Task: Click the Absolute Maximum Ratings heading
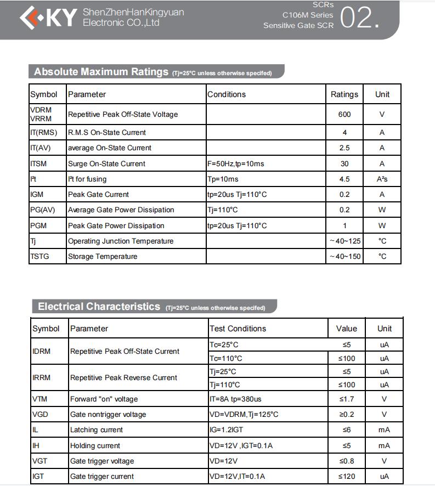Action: point(101,72)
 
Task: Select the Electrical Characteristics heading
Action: point(99,307)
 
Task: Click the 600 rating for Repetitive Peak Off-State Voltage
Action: point(344,114)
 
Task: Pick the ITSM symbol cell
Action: point(38,163)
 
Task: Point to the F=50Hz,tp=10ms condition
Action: point(235,163)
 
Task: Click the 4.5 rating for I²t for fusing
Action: point(344,179)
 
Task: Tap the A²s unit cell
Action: point(382,179)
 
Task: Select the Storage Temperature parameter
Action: point(103,256)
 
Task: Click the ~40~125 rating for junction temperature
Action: point(345,241)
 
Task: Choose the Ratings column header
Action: point(344,94)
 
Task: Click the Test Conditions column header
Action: point(238,329)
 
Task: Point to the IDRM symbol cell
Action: point(41,351)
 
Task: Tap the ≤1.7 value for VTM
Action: point(347,399)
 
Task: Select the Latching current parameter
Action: point(97,430)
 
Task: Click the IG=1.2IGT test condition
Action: point(226,430)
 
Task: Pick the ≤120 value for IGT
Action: point(347,476)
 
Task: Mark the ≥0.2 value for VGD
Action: point(347,414)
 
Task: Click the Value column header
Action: point(347,329)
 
